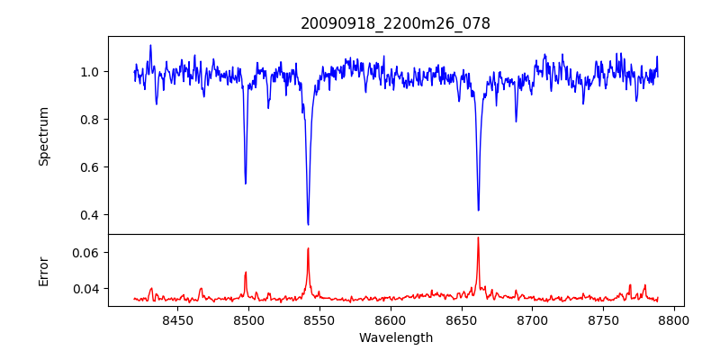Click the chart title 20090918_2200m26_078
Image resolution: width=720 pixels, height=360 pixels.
click(x=395, y=23)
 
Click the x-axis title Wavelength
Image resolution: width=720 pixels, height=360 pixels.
click(x=395, y=337)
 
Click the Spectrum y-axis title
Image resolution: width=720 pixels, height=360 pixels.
click(x=43, y=136)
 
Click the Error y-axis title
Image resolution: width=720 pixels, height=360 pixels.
click(x=43, y=270)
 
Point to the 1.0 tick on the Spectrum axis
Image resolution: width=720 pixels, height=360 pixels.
click(x=89, y=72)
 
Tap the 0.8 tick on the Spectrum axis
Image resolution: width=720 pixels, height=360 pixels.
click(x=89, y=120)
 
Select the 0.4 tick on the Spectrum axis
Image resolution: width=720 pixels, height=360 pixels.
click(x=89, y=215)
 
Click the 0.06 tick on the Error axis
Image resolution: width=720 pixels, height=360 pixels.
click(x=85, y=253)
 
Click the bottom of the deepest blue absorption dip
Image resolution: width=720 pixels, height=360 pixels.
click(x=308, y=224)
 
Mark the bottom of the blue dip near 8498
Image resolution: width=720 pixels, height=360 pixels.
click(x=246, y=184)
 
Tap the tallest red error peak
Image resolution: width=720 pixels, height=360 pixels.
click(x=478, y=238)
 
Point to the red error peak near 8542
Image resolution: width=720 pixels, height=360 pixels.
click(x=308, y=248)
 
